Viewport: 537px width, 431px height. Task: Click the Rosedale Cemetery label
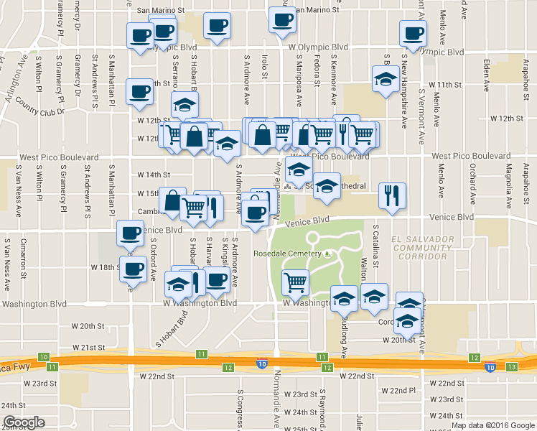(x=287, y=254)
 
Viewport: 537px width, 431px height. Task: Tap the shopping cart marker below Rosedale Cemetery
(x=296, y=282)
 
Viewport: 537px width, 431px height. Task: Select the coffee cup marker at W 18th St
(x=132, y=269)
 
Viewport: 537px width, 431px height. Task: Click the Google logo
(x=24, y=422)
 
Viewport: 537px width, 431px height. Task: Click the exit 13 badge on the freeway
(x=511, y=367)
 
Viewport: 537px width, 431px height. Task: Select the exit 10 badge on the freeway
(x=45, y=357)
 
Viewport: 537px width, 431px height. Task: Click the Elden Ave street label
(x=486, y=73)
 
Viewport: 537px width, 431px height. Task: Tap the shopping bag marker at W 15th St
(x=172, y=200)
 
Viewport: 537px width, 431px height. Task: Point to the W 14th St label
(x=154, y=175)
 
